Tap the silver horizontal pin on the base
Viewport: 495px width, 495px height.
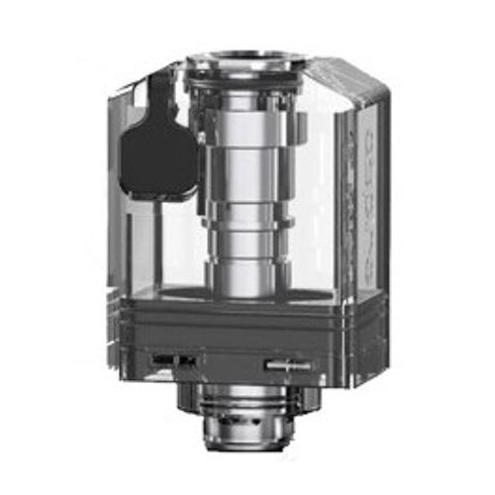click(x=288, y=363)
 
